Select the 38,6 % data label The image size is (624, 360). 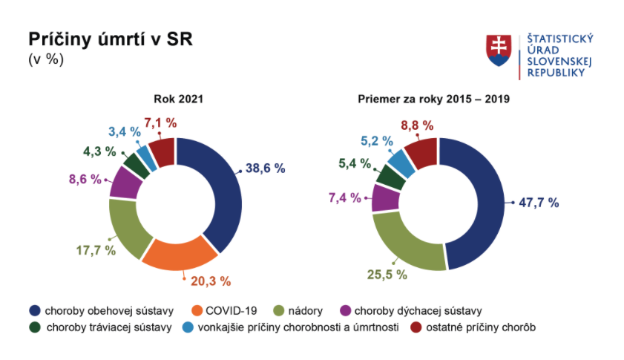click(266, 168)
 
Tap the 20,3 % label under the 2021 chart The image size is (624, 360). click(211, 281)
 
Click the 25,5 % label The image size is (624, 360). click(387, 275)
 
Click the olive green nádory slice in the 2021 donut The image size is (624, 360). click(124, 226)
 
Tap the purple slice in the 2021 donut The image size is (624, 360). click(124, 183)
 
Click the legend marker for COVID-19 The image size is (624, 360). click(198, 310)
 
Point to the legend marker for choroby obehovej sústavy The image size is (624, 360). click(34, 310)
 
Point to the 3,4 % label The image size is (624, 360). click(124, 131)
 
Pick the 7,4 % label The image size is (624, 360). click(344, 197)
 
